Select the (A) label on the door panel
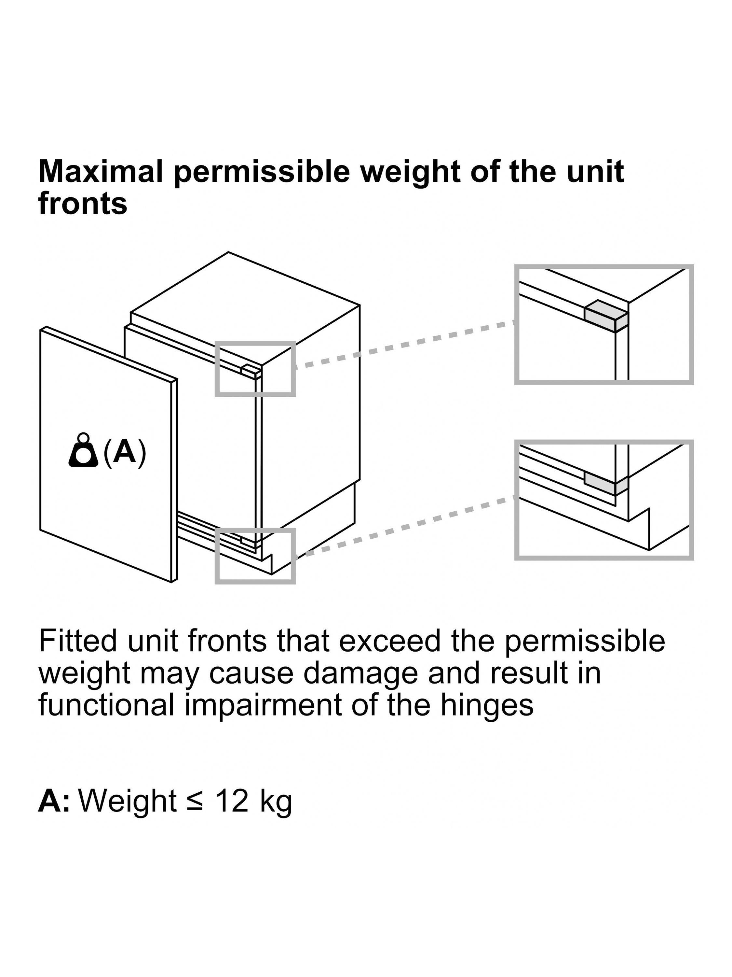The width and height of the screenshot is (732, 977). [124, 452]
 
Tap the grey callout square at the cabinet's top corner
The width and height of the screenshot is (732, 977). [255, 369]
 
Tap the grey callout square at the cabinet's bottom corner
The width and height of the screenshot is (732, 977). [255, 556]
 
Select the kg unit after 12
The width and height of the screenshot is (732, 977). [275, 802]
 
